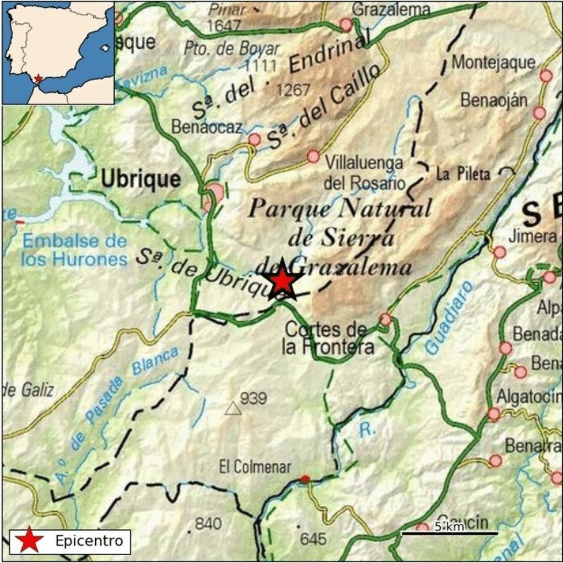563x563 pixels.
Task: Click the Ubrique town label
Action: [141, 179]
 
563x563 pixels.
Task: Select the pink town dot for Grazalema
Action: [346, 25]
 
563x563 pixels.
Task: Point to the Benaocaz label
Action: [207, 127]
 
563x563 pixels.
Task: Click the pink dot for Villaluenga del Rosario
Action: [313, 156]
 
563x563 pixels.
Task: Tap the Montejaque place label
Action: [493, 63]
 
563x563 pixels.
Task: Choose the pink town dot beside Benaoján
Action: [539, 113]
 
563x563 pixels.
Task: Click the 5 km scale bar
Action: [450, 533]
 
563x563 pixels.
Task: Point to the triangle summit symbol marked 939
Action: [233, 409]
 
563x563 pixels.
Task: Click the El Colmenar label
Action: [255, 467]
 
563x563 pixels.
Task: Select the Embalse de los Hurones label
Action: [74, 250]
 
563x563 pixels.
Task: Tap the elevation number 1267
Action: [293, 90]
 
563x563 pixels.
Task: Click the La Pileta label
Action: [463, 174]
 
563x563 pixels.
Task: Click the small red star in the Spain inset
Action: [38, 78]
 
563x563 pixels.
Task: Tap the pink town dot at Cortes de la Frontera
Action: [386, 319]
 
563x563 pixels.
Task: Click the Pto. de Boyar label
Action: [232, 49]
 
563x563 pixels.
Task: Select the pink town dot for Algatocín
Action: [494, 415]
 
